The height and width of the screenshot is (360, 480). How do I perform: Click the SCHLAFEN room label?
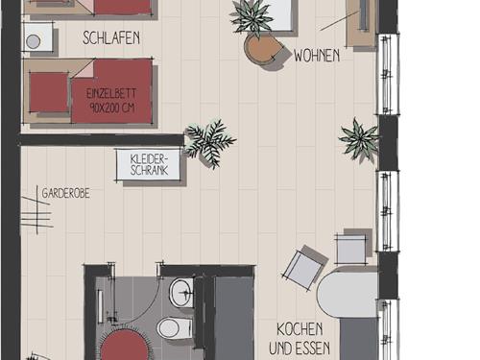[111, 37]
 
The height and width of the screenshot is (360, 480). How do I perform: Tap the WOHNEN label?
[317, 56]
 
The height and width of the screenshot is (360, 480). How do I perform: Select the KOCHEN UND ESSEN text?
[300, 339]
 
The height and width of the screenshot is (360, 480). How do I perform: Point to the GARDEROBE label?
[65, 193]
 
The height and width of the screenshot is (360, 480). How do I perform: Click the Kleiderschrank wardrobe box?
[148, 164]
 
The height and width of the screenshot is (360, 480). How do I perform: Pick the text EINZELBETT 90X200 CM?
[111, 101]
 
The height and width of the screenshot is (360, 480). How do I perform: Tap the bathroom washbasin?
[181, 293]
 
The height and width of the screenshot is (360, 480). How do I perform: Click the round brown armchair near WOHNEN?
[263, 49]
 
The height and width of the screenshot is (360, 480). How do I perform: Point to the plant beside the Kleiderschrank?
[209, 142]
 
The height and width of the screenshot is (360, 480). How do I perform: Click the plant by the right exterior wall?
[359, 139]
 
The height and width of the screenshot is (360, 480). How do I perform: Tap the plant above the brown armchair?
[252, 16]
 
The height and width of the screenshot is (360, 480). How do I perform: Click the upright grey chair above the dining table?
[351, 249]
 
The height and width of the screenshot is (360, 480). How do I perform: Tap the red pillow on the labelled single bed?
[49, 92]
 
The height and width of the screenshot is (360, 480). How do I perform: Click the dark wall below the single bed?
[102, 140]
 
